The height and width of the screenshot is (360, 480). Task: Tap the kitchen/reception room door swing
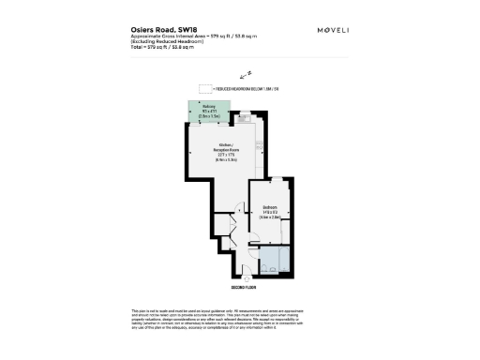pyautogui.click(x=225, y=225)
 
